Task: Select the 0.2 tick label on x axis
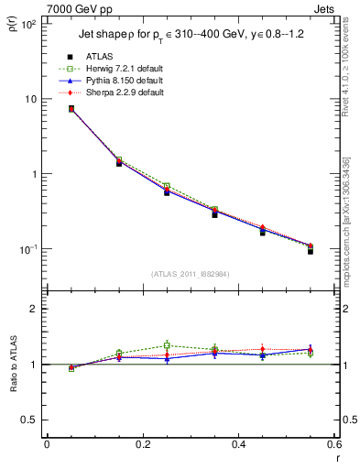142,445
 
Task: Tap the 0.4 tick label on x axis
239,445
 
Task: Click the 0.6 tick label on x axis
334,445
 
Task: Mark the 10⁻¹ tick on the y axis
28,249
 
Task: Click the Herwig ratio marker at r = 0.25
167,345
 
